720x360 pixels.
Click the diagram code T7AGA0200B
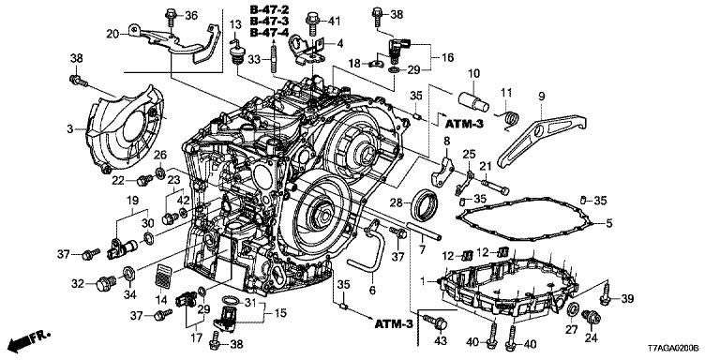[673, 349]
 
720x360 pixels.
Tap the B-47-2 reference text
[270, 8]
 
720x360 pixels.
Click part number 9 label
[542, 97]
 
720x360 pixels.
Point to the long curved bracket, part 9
[542, 140]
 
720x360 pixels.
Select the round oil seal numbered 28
[427, 204]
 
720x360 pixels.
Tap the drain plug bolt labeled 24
[591, 318]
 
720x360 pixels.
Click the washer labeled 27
[573, 309]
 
